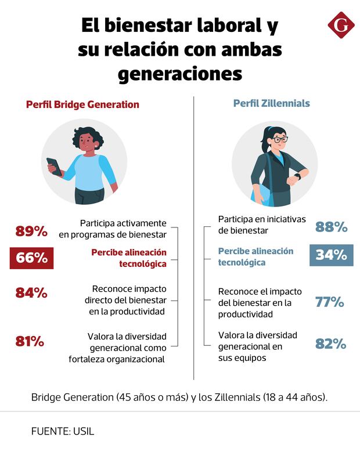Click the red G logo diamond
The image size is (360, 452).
pos(341,24)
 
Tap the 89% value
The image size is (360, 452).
pos(31,231)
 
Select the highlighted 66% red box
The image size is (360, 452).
pos(31,258)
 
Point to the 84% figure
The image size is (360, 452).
pos(31,293)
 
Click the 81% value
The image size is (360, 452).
pos(30,341)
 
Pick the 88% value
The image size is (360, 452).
pos(331,227)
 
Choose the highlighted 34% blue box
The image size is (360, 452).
pos(331,255)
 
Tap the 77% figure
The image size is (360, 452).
pos(330,302)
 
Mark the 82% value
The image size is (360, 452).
pos(330,343)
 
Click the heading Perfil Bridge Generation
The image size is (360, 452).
pos(82,105)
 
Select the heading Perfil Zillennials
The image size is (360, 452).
pos(271,104)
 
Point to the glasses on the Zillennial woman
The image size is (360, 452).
pos(280,140)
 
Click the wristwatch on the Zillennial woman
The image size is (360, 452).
pos(298,176)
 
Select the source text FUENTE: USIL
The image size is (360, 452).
pos(63,431)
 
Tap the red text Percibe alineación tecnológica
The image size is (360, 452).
pos(129,258)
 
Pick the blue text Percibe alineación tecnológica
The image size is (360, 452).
pos(255,256)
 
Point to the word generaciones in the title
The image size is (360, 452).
pos(179,74)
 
